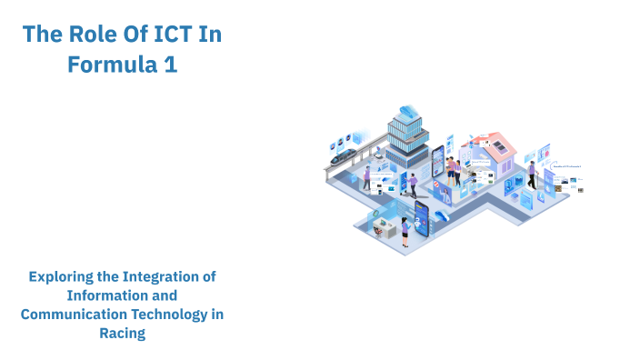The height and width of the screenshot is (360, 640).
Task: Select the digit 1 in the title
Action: click(170, 65)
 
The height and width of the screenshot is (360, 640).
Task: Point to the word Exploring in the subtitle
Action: click(65, 275)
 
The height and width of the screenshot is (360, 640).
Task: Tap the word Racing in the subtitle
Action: click(122, 333)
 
